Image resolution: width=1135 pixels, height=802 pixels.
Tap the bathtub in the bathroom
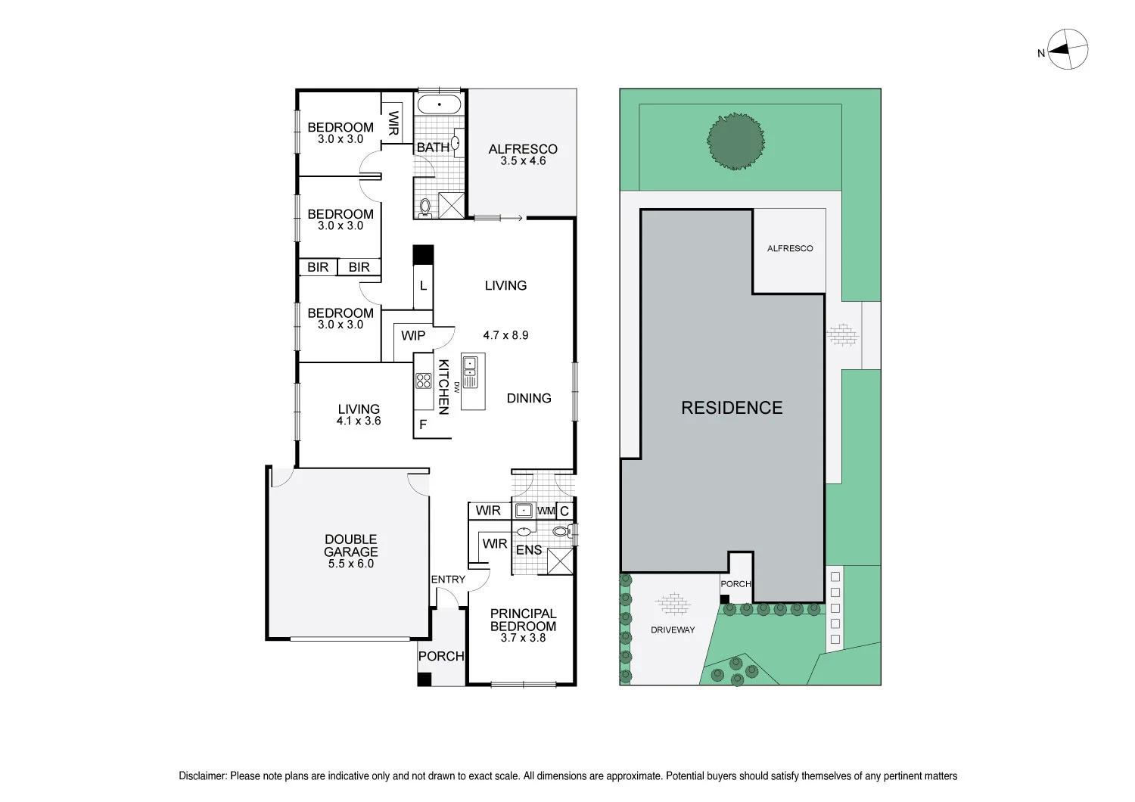coord(439,104)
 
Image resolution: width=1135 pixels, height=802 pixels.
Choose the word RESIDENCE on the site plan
coord(732,408)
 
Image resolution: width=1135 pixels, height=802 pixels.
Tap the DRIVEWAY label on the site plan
coord(673,629)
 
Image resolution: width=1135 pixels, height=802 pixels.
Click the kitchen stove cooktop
coord(423,381)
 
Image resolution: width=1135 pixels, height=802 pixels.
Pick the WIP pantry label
coord(413,335)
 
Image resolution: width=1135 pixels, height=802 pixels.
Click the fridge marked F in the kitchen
coord(423,424)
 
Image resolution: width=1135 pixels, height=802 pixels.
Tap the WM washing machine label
coord(546,511)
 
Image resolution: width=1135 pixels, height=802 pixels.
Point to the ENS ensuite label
coord(528,550)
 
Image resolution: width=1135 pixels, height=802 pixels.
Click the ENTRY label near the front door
coord(448,580)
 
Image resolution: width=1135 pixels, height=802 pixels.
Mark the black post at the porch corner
coord(424,679)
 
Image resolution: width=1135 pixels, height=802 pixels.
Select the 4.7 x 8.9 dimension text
coord(505,335)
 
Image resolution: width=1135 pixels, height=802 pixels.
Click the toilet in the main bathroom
coord(424,206)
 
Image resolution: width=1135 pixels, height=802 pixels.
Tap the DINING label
coord(529,398)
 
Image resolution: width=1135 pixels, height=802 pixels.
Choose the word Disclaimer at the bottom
coord(202,776)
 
